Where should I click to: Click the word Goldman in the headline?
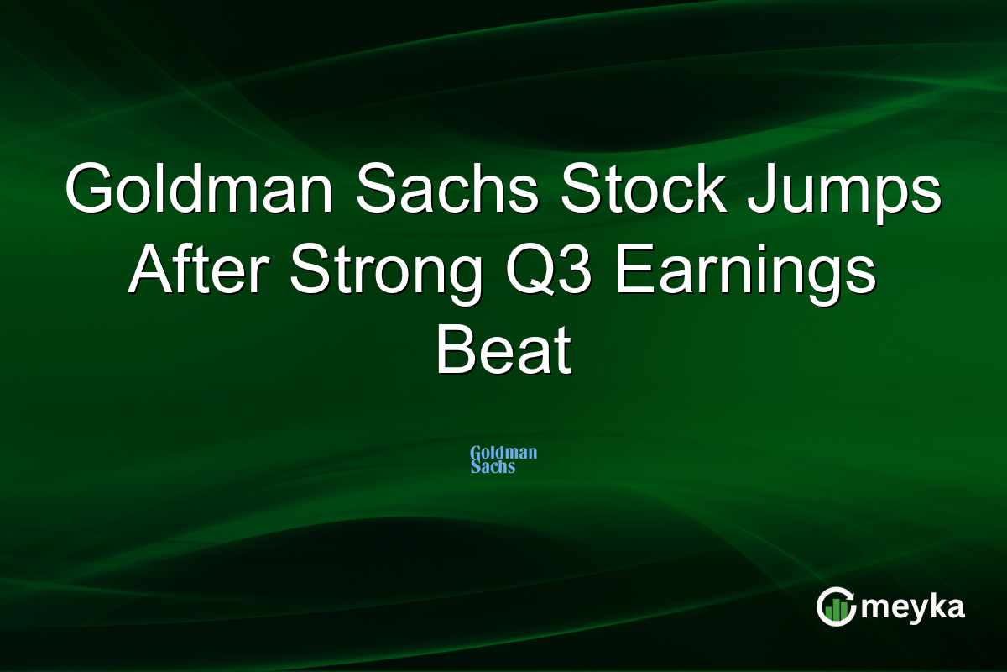(x=199, y=187)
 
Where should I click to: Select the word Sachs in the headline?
(x=446, y=187)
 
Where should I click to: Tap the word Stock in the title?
(x=644, y=187)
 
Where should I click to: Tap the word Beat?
(x=503, y=350)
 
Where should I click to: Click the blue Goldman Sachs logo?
(x=503, y=459)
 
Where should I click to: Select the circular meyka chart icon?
(x=836, y=606)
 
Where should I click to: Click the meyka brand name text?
(x=913, y=608)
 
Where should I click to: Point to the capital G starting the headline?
(x=90, y=188)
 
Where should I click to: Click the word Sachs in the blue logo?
(x=493, y=467)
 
